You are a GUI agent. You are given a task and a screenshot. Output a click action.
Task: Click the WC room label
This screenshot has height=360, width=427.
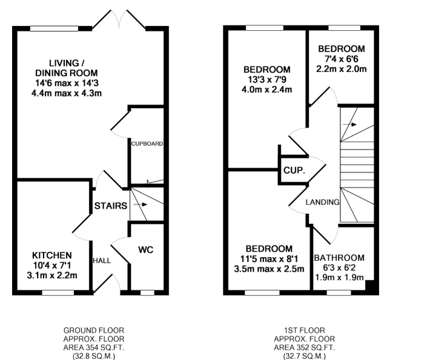[146, 250]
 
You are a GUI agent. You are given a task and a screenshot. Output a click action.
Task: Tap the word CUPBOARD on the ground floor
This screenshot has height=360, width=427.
[147, 143]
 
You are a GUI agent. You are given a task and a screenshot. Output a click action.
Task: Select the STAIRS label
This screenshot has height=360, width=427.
[111, 206]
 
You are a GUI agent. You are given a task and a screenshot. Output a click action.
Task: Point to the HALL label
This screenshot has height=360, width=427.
[102, 261]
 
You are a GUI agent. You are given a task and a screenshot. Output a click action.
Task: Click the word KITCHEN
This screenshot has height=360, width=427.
[52, 255]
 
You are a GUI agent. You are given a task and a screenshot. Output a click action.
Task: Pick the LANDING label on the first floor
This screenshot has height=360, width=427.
[322, 202]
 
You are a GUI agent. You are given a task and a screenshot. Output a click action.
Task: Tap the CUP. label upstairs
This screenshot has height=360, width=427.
[294, 171]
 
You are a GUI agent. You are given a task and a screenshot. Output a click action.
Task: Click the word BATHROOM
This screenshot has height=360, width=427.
[339, 258]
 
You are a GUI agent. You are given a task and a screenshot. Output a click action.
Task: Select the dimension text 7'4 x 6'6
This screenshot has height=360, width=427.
[341, 59]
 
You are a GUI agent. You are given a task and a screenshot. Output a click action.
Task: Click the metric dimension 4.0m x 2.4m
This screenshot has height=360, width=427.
[267, 90]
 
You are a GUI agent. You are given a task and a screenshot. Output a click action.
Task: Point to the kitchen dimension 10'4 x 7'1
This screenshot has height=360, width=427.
[52, 265]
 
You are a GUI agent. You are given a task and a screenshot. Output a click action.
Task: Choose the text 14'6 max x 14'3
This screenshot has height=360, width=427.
[67, 83]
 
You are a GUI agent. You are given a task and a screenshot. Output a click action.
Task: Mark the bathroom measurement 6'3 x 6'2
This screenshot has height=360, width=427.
[339, 268]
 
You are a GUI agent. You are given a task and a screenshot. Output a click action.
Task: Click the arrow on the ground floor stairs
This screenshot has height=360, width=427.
[141, 205]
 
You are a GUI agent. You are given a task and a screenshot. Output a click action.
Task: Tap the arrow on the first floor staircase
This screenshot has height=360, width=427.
[349, 125]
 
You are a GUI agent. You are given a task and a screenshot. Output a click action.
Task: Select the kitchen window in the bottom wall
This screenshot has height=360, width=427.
[58, 293]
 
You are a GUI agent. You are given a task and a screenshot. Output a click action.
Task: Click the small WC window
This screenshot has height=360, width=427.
[147, 293]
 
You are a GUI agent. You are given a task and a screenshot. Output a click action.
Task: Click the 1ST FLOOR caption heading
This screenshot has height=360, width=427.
[305, 330]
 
